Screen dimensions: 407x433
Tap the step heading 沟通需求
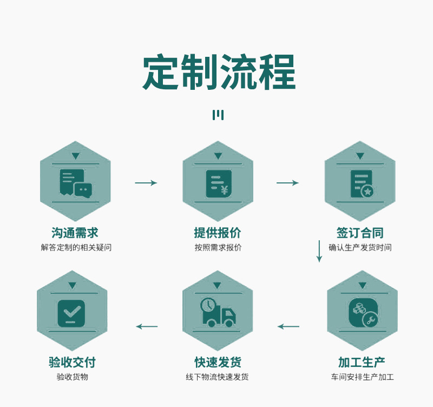coord(75,233)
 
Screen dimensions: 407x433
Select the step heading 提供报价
coord(218,233)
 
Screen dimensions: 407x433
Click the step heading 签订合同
coord(360,233)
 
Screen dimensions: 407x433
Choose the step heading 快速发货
coord(218,363)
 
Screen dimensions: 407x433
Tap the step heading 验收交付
coord(72,363)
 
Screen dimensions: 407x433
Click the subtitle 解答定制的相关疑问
coord(75,248)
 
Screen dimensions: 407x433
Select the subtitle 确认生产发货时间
coord(360,248)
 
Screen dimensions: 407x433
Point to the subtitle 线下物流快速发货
coord(218,377)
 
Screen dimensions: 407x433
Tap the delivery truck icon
coord(218,312)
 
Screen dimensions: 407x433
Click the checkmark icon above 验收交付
coord(71,313)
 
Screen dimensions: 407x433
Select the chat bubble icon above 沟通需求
coord(75,183)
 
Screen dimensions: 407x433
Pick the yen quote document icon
coord(218,183)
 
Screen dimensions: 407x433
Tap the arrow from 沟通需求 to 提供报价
coord(146,183)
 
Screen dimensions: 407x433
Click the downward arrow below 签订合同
coord(319,251)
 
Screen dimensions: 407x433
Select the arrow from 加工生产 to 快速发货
coord(288,326)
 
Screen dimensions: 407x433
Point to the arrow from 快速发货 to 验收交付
coord(147,326)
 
